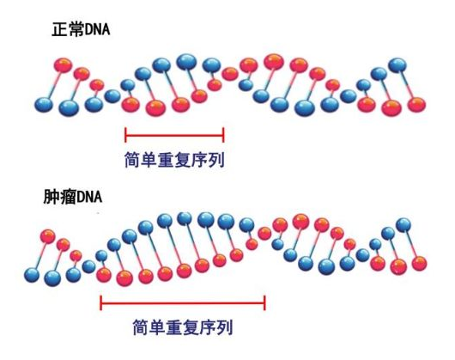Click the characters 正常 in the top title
68,29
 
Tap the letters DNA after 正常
97,29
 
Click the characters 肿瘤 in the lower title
60,197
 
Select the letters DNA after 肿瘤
89,197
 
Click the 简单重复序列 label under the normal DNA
174,160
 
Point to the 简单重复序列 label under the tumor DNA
183,327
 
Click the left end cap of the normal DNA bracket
125,135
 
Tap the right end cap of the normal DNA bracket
223,135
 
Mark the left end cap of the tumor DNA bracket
100,302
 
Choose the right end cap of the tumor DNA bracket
264,302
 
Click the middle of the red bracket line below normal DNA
174,135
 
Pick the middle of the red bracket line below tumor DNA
183,302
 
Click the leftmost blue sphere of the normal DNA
44,105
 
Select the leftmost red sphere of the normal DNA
63,65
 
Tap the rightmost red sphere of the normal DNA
417,105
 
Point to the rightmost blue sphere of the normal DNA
397,65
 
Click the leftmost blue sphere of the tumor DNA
32,275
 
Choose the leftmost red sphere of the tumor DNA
48,236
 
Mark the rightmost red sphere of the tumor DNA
419,264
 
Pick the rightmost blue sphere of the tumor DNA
403,225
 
